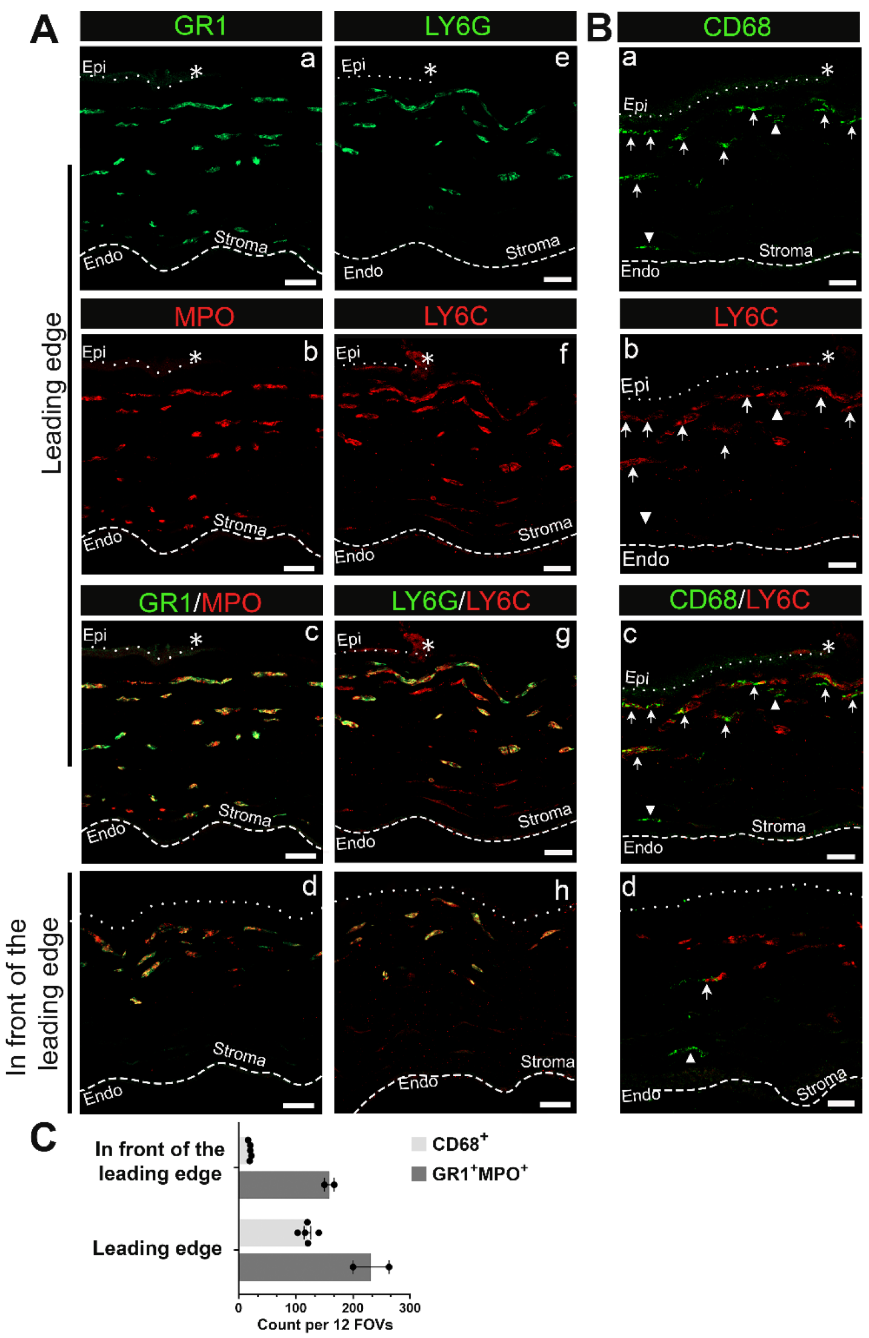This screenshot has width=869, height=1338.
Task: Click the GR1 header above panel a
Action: [200, 26]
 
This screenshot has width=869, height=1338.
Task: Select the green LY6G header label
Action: [457, 26]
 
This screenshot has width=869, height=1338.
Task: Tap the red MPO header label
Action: [204, 316]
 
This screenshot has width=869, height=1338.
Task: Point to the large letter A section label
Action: [44, 29]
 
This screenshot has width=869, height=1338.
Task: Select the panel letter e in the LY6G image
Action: [562, 58]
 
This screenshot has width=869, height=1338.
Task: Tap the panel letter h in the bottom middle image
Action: [561, 890]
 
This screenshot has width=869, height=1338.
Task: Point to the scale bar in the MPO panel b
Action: [299, 568]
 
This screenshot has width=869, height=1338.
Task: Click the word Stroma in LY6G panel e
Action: [533, 247]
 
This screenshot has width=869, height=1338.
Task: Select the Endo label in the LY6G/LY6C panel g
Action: [356, 842]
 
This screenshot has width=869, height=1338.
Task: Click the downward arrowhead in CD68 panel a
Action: [649, 237]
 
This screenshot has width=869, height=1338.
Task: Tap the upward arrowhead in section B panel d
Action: [690, 1057]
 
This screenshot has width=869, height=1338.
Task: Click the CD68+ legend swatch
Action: [419, 1144]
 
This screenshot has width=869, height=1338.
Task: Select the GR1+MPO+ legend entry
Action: [469, 1174]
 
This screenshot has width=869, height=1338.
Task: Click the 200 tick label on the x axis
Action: [353, 1307]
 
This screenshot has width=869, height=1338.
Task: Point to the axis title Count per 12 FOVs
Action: [325, 1325]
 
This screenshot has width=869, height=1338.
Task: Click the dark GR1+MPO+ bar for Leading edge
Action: [304, 1267]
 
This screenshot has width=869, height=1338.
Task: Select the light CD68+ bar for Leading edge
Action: [272, 1233]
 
